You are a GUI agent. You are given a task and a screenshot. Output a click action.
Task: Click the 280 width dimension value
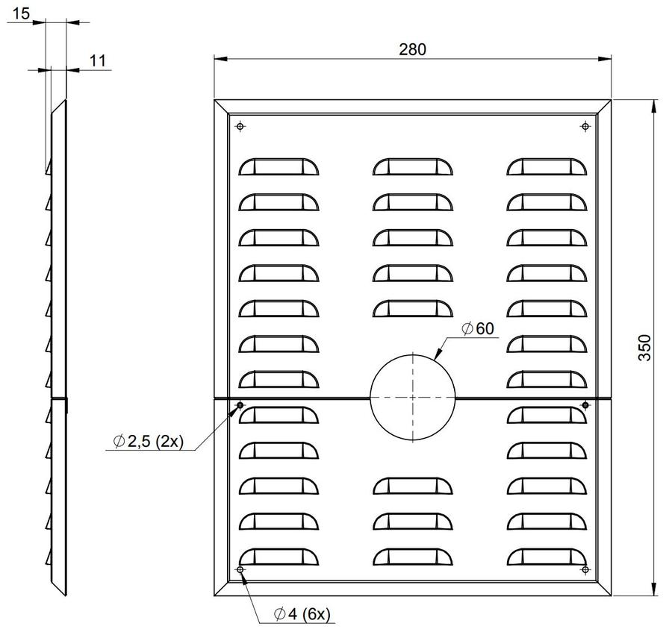pyautogui.click(x=412, y=50)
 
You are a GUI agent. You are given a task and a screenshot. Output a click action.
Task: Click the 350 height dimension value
pyautogui.click(x=644, y=348)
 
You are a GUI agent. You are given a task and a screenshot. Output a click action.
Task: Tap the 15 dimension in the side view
pyautogui.click(x=21, y=13)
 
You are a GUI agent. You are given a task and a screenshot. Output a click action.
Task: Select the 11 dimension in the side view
pyautogui.click(x=98, y=60)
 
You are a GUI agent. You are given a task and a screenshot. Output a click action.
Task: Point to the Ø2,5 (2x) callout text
pyautogui.click(x=148, y=441)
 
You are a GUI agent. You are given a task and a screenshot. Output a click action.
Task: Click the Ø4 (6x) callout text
pyautogui.click(x=302, y=614)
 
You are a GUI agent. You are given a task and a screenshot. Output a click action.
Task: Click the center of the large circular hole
pyautogui.click(x=412, y=398)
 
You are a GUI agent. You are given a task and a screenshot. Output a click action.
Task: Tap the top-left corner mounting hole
pyautogui.click(x=240, y=126)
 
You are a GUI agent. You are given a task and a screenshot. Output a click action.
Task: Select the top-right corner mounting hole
pyautogui.click(x=585, y=126)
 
